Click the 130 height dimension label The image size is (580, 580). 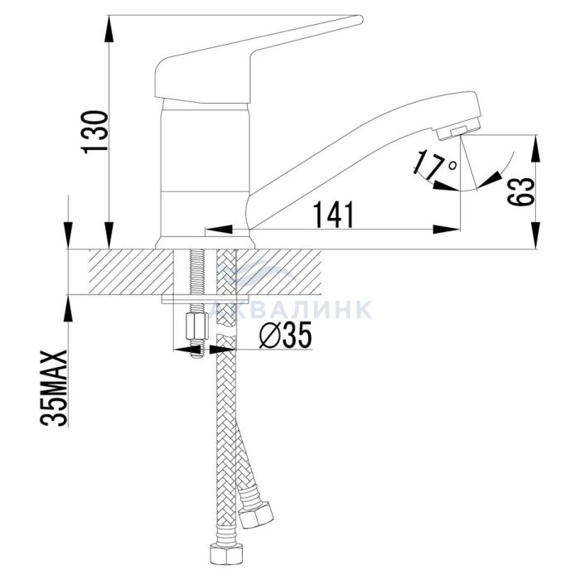pyautogui.click(x=94, y=132)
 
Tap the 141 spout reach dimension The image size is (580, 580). pyautogui.click(x=334, y=215)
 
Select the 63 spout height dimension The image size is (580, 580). pyautogui.click(x=521, y=191)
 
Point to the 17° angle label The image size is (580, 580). pyautogui.click(x=435, y=163)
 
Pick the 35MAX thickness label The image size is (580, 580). pyautogui.click(x=54, y=388)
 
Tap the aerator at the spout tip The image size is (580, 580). pyautogui.click(x=459, y=130)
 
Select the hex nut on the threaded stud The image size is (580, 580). pyautogui.click(x=196, y=326)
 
